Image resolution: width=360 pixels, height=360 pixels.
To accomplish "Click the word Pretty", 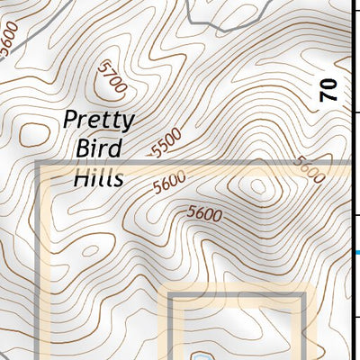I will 99,121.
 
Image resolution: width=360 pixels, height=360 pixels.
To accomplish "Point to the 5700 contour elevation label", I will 113,77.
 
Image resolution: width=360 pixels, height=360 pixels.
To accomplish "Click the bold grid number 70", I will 329,89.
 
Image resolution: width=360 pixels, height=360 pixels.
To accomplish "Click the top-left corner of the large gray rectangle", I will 38,164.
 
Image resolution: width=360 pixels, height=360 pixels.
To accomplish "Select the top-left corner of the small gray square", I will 166,295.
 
